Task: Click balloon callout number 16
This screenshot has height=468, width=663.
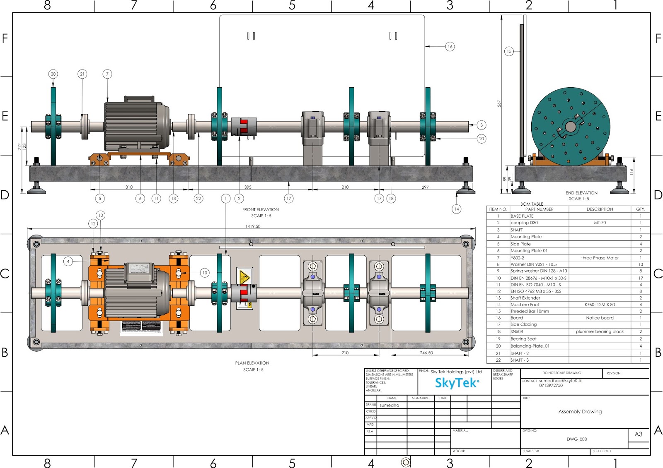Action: tap(450, 46)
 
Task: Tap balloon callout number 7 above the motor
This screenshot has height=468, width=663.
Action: tap(107, 74)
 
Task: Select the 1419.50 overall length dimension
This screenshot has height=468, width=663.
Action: tap(253, 226)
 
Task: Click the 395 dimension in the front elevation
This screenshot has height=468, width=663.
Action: tap(248, 187)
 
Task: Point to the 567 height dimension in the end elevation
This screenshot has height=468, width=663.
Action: tap(499, 103)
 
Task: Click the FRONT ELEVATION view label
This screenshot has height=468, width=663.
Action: tap(260, 210)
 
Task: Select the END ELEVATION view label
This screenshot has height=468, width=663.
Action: tap(581, 193)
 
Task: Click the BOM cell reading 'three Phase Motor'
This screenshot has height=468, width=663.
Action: tap(600, 258)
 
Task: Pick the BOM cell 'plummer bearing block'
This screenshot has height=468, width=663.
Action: tap(600, 331)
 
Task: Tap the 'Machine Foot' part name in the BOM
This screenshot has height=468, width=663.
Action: tap(525, 305)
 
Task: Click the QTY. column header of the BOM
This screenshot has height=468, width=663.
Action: tap(640, 209)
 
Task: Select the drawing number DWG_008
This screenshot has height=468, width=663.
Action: tap(576, 439)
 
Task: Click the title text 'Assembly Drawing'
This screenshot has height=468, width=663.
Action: tap(580, 412)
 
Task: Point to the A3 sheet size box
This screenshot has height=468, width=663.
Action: tap(638, 434)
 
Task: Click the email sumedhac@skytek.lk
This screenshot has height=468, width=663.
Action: tap(560, 381)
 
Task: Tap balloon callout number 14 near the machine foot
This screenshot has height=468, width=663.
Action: tap(456, 209)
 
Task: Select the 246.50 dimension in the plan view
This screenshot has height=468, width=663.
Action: tap(426, 353)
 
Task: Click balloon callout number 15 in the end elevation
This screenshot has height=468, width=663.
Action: tap(509, 51)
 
